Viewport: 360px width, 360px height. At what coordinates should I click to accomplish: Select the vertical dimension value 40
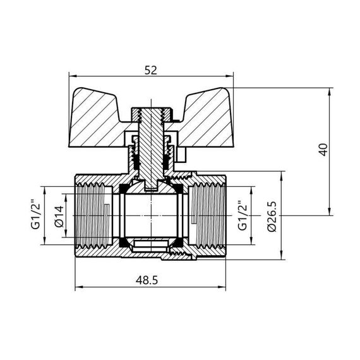[x=323, y=150]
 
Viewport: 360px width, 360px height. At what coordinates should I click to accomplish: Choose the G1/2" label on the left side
[x=35, y=216]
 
